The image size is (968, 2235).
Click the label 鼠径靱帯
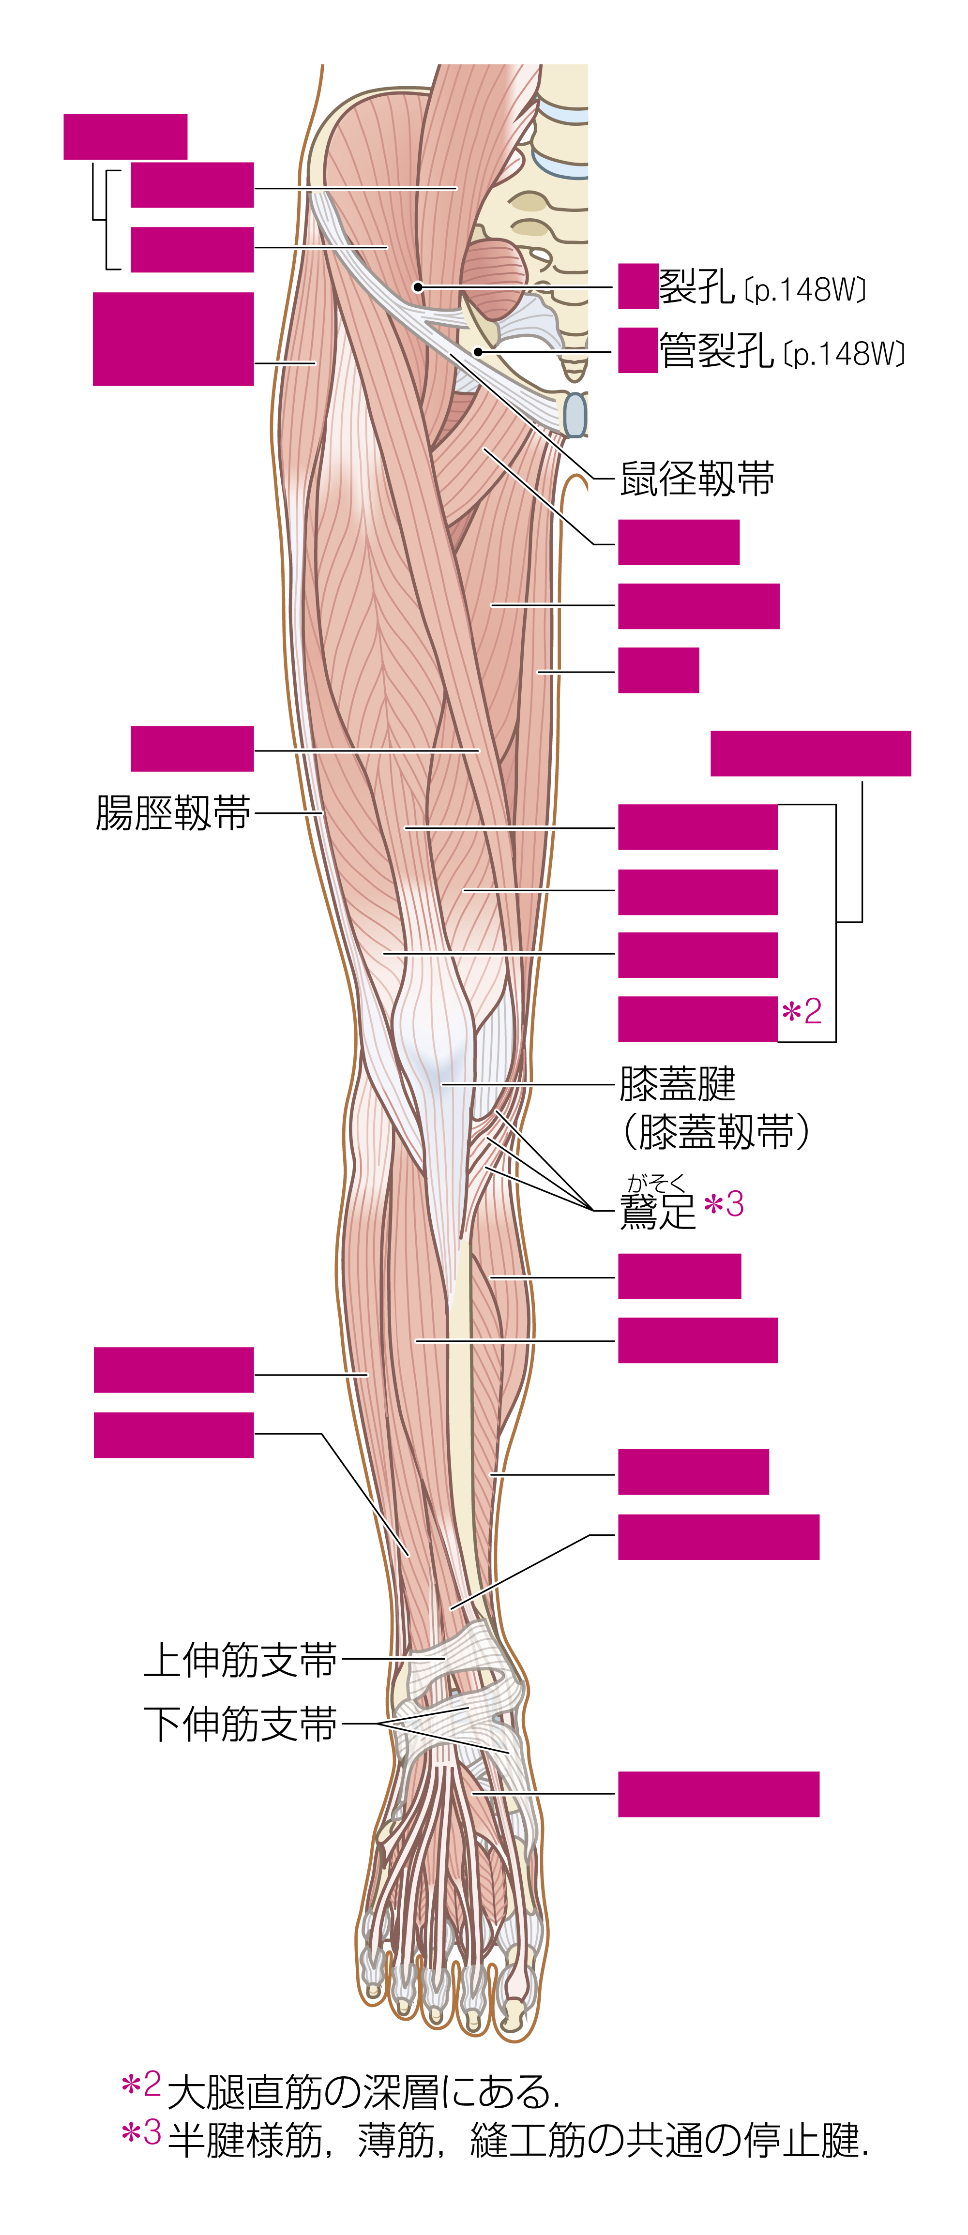[697, 479]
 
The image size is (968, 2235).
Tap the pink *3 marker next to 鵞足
[724, 1205]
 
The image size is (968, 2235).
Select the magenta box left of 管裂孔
[638, 350]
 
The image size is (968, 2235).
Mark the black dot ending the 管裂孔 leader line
[478, 351]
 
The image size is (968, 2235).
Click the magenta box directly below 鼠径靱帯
[679, 542]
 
